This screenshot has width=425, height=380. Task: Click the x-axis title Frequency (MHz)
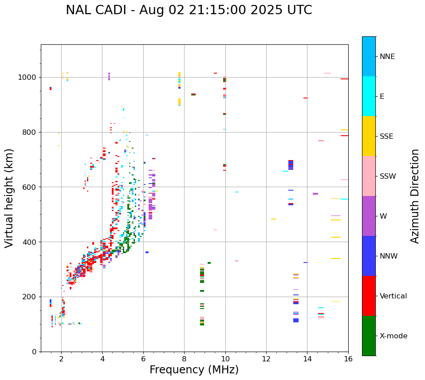click(x=194, y=370)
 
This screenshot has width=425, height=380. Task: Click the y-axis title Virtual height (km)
click(x=9, y=198)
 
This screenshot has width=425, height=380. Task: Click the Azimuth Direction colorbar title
click(x=415, y=196)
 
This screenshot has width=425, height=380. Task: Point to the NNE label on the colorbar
click(x=387, y=57)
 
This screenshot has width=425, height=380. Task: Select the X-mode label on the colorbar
click(x=393, y=336)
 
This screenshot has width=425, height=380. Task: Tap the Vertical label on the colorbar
click(x=393, y=296)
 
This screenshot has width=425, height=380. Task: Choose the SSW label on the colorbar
click(x=388, y=176)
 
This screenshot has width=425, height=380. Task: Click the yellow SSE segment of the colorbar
click(x=369, y=136)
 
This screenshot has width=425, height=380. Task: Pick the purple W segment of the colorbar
click(x=369, y=216)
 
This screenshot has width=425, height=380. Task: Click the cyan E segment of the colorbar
click(x=369, y=96)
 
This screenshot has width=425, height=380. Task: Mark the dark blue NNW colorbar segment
click(x=369, y=256)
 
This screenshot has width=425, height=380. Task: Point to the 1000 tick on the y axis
click(x=28, y=78)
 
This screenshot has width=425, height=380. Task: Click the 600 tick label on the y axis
click(x=30, y=187)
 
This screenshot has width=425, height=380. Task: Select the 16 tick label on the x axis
click(x=348, y=359)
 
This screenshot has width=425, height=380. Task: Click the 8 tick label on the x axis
click(x=184, y=359)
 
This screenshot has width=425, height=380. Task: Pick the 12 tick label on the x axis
click(x=266, y=359)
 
